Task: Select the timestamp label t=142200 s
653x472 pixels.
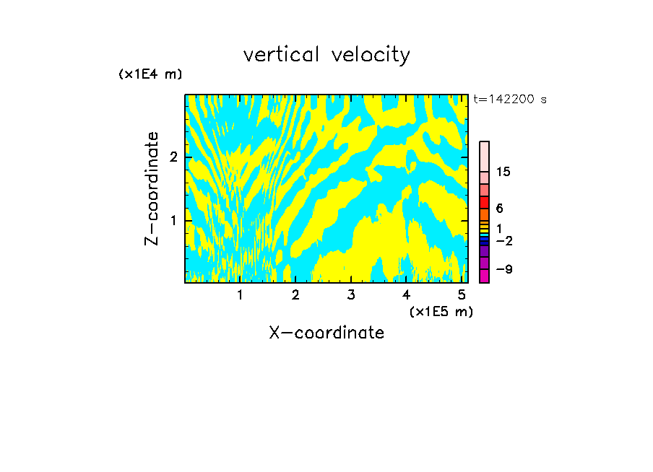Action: [509, 99]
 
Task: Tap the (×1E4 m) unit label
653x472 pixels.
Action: [150, 74]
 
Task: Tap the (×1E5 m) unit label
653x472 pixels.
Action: [441, 311]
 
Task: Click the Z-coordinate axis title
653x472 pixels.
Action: [152, 188]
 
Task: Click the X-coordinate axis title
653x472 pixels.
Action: [326, 333]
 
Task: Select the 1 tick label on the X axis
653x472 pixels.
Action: [240, 294]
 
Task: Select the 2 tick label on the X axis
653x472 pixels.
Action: [295, 294]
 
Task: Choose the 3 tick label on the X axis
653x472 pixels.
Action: [351, 294]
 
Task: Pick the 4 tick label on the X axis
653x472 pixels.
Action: [407, 294]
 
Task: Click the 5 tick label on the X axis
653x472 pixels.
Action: [462, 294]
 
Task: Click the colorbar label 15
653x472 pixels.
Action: [503, 172]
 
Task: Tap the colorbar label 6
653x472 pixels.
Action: [500, 208]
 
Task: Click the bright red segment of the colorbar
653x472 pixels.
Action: [484, 202]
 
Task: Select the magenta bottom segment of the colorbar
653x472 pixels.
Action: [484, 276]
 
